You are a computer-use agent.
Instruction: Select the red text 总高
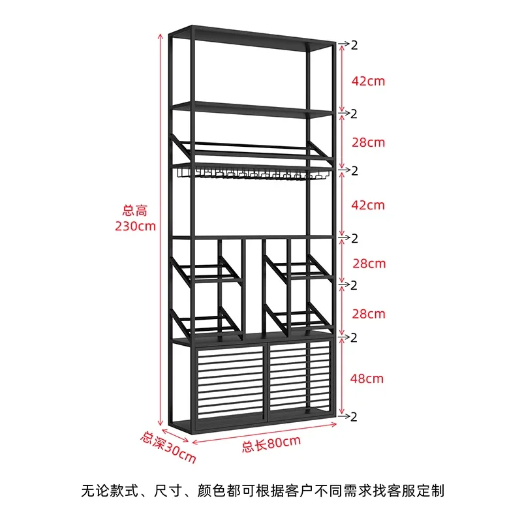click(135, 210)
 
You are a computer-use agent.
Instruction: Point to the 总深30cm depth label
click(168, 446)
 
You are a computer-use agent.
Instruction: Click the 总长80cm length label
click(271, 445)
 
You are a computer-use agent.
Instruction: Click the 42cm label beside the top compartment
click(368, 81)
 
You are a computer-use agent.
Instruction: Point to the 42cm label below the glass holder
click(368, 205)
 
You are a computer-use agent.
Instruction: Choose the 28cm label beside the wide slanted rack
click(368, 142)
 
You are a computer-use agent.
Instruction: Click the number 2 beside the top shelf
click(354, 45)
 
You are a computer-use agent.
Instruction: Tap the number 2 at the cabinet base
click(354, 416)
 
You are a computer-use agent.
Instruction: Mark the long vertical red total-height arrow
click(160, 228)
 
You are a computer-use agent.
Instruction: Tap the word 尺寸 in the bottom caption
click(166, 489)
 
